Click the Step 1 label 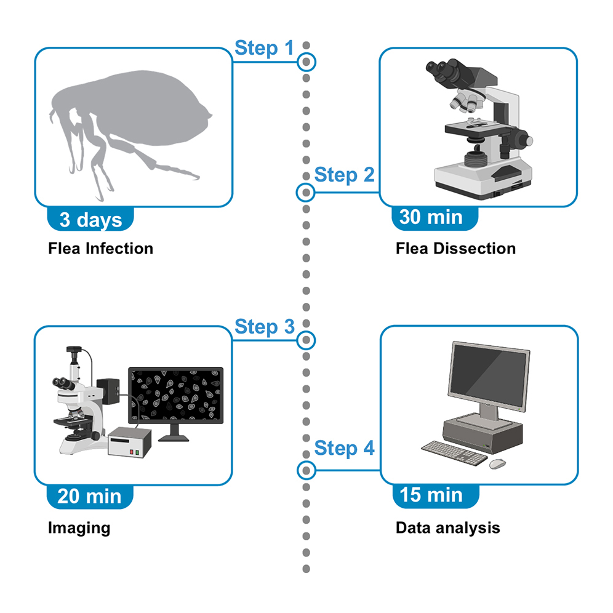(265, 48)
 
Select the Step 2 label (344, 175)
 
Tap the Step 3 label (265, 326)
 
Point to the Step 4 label (344, 448)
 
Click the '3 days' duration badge (90, 220)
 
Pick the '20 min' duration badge (90, 496)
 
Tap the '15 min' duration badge (431, 494)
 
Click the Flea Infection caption (100, 249)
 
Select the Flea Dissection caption (456, 249)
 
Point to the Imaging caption (79, 527)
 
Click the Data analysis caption (447, 527)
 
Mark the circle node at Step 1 (306, 62)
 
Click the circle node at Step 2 (305, 193)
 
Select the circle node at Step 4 (305, 471)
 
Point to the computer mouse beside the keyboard (497, 462)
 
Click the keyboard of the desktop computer (455, 453)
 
